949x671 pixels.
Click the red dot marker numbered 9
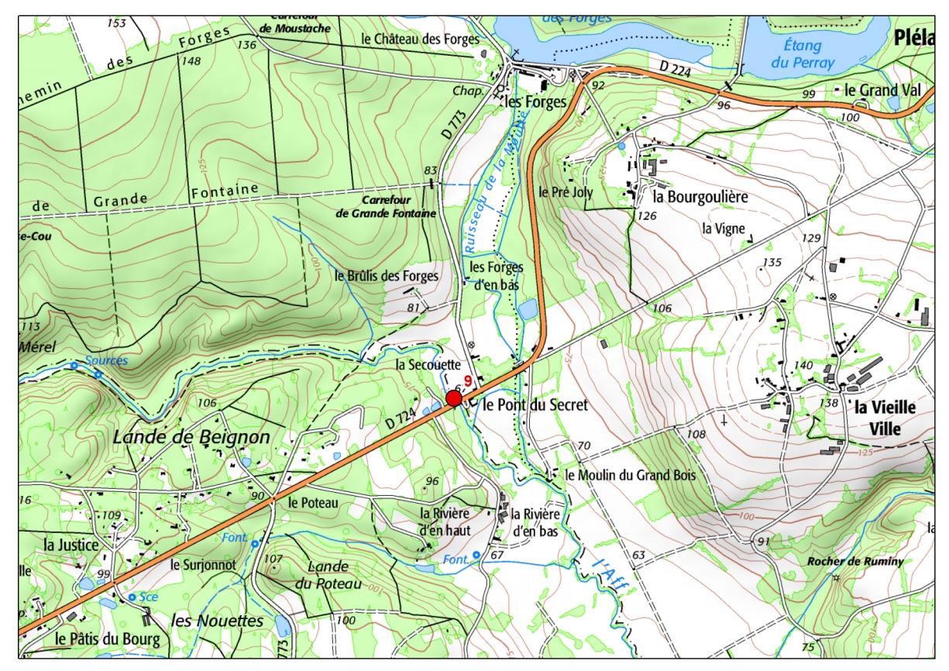(454, 398)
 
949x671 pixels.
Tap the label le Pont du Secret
(535, 404)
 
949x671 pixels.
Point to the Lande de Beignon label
(191, 437)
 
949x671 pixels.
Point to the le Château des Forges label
(420, 38)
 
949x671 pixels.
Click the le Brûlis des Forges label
(387, 275)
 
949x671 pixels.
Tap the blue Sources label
(107, 361)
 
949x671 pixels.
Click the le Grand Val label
(882, 90)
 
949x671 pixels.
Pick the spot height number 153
(115, 23)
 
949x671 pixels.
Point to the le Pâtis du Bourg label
(108, 639)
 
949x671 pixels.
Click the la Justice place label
(71, 545)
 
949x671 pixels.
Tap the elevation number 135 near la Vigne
(772, 263)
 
